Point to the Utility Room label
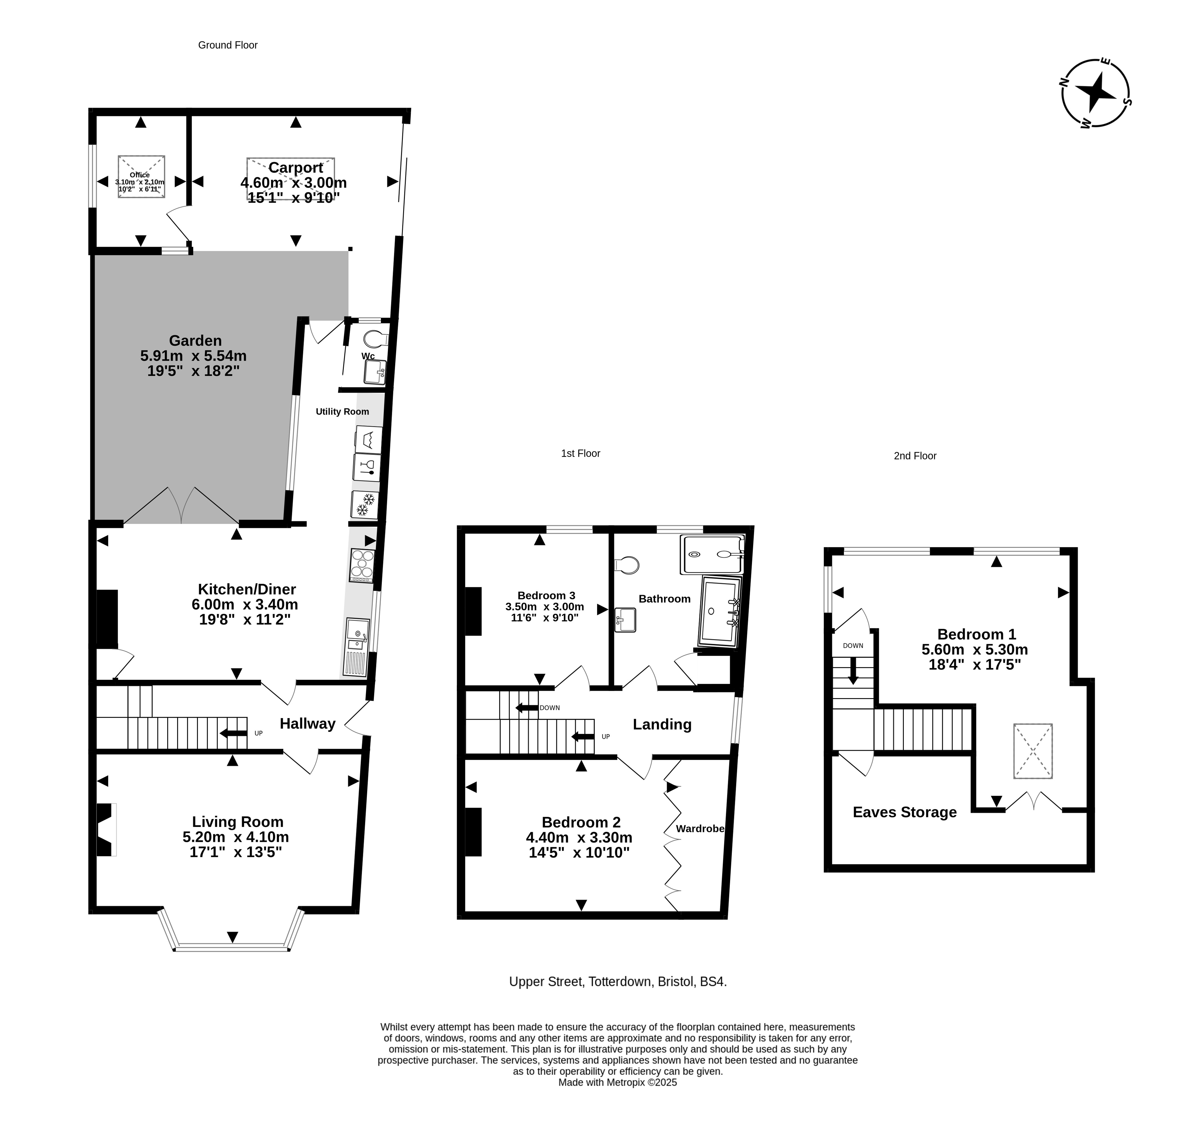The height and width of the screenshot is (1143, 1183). click(342, 412)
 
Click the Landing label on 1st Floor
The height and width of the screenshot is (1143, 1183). click(662, 725)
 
